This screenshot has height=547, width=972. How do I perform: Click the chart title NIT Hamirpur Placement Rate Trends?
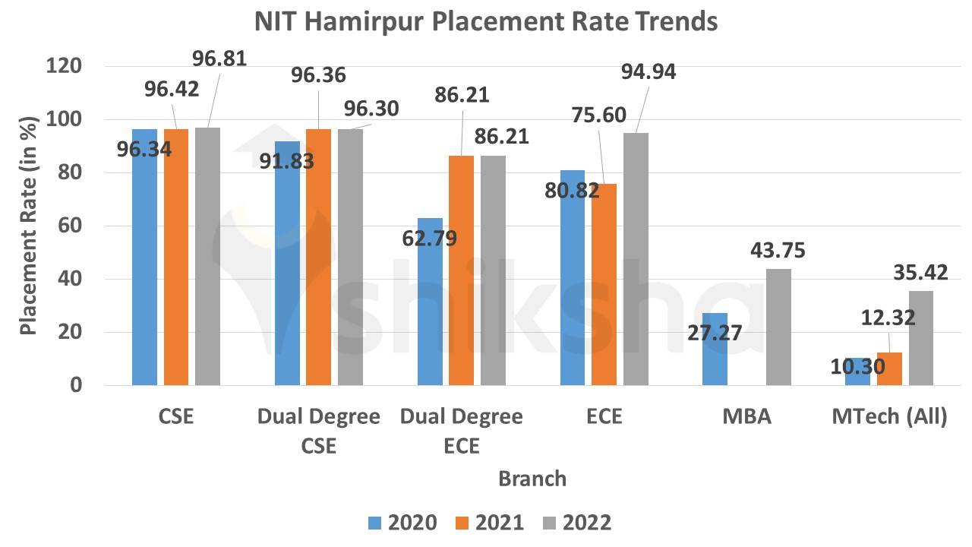[x=486, y=21]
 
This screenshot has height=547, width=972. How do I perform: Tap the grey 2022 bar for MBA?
[x=778, y=327]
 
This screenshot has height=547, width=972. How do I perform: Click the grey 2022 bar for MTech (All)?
[x=921, y=338]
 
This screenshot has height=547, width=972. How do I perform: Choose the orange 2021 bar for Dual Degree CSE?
[x=318, y=258]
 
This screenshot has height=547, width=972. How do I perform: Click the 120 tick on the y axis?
[x=64, y=67]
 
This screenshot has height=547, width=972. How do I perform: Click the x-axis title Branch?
[x=532, y=479]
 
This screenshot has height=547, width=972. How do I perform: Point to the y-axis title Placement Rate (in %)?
[x=28, y=226]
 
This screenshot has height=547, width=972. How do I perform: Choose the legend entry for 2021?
[x=489, y=523]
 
